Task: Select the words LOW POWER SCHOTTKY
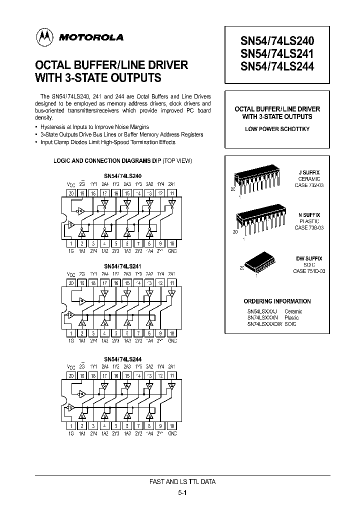[x=277, y=129]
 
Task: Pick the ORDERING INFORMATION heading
[x=277, y=301]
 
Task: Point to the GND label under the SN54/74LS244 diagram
[x=172, y=433]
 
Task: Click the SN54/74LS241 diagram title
[x=122, y=266]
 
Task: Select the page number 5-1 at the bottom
[x=182, y=492]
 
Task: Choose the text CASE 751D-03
[x=308, y=271]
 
